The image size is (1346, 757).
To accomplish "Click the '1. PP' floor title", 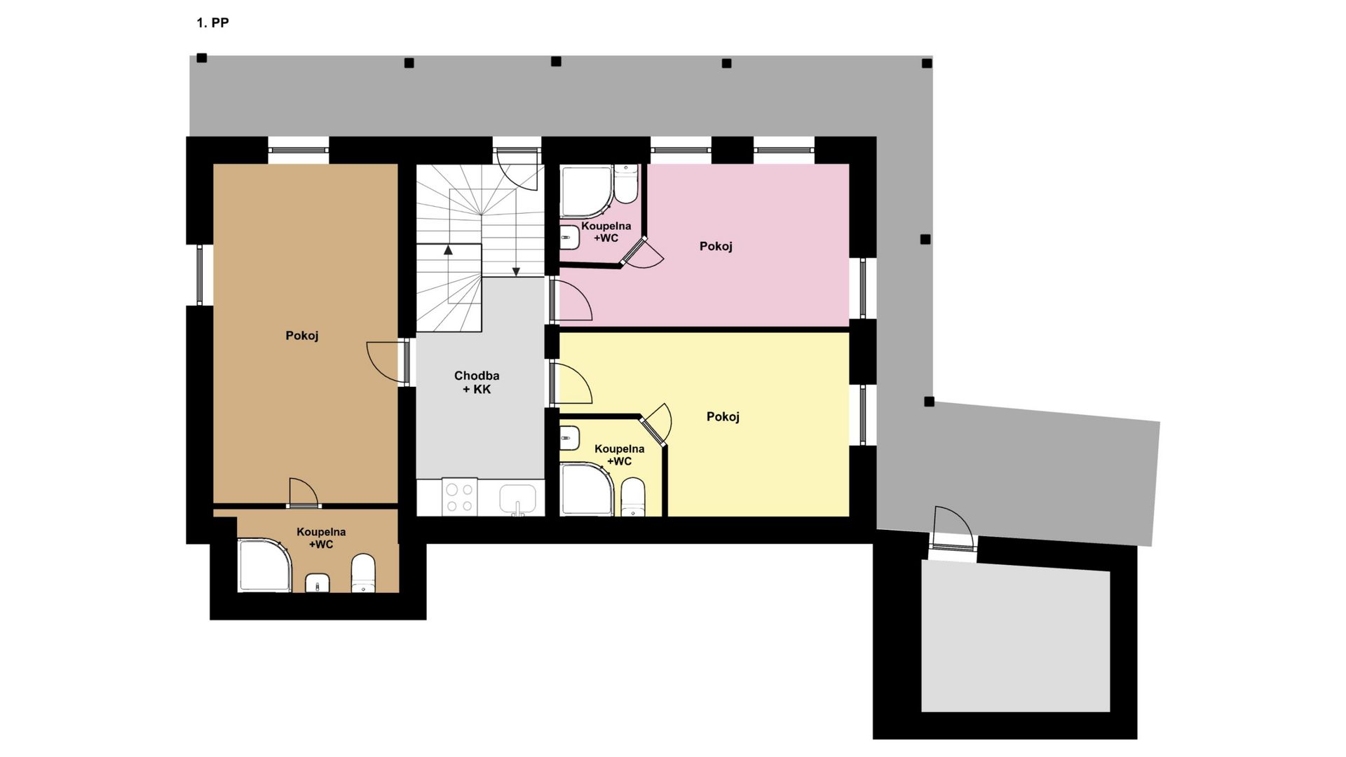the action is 212,23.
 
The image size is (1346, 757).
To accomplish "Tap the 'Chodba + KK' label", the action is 477,383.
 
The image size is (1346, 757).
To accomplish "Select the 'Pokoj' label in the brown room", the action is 302,336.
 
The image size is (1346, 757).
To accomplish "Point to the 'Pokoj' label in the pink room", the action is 716,246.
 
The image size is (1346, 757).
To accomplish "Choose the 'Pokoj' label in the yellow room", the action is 723,417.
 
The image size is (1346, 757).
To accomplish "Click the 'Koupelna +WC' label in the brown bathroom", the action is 321,538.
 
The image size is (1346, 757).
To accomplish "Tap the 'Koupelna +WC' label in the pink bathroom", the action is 606,232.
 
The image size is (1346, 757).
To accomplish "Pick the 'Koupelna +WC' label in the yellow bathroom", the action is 619,455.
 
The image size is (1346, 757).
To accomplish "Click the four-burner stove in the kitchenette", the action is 460,498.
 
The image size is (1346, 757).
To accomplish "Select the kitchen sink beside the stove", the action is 518,499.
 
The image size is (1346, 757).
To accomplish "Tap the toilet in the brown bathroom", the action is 363,573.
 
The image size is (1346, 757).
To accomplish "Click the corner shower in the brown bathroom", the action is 264,565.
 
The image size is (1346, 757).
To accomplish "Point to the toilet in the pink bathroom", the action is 625,183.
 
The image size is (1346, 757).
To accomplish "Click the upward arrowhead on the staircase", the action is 448,249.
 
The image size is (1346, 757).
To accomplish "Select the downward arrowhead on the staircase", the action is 516,272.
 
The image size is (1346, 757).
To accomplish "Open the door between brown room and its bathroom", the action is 304,492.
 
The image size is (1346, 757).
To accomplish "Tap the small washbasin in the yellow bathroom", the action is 569,439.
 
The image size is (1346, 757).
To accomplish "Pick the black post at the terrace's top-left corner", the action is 201,58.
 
